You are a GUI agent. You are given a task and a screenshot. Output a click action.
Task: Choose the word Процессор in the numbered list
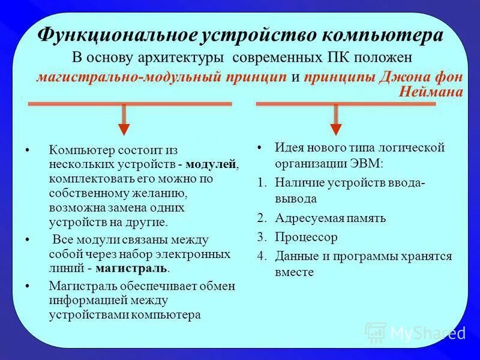(307, 237)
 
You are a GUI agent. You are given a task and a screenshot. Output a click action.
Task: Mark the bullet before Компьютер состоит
(28, 150)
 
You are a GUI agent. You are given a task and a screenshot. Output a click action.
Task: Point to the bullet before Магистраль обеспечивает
(28, 287)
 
